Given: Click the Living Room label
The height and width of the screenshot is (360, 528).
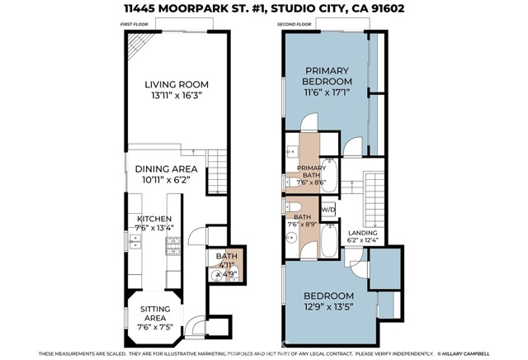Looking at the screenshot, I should pos(176,84).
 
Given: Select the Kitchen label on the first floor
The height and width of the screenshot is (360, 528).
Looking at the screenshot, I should pos(153,219).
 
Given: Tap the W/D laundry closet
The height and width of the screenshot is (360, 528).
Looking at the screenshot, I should pos(328,210).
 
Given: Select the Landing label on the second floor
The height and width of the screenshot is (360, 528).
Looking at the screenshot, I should pos(363,234).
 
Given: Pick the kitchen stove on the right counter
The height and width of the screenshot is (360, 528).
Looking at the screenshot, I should pos(174,244).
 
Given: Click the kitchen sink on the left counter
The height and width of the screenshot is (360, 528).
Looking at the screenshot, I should pos(134,244).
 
